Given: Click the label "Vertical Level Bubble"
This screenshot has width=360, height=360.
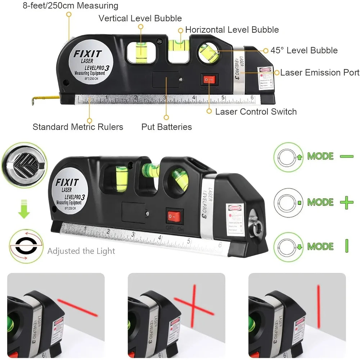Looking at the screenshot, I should tap(140, 18).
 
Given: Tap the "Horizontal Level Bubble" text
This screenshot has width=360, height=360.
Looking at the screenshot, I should tap(232, 30).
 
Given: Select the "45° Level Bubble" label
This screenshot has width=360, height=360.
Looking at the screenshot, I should tap(304, 50).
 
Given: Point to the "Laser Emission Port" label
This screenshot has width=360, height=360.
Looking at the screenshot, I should tap(320, 73).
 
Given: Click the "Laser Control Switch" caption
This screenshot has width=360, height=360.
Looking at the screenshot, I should tap(256, 112).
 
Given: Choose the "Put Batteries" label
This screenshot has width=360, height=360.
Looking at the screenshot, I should tap(166, 127).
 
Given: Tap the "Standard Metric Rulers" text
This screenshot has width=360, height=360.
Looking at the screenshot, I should tap(78, 127).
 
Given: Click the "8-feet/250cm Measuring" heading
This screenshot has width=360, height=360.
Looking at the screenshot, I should tap(71, 6).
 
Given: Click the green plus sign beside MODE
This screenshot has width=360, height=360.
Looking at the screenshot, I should tap(346, 202).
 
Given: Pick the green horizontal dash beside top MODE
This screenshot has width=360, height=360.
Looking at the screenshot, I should tap(346, 156).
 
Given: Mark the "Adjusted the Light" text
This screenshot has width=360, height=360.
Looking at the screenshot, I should tap(81, 251).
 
